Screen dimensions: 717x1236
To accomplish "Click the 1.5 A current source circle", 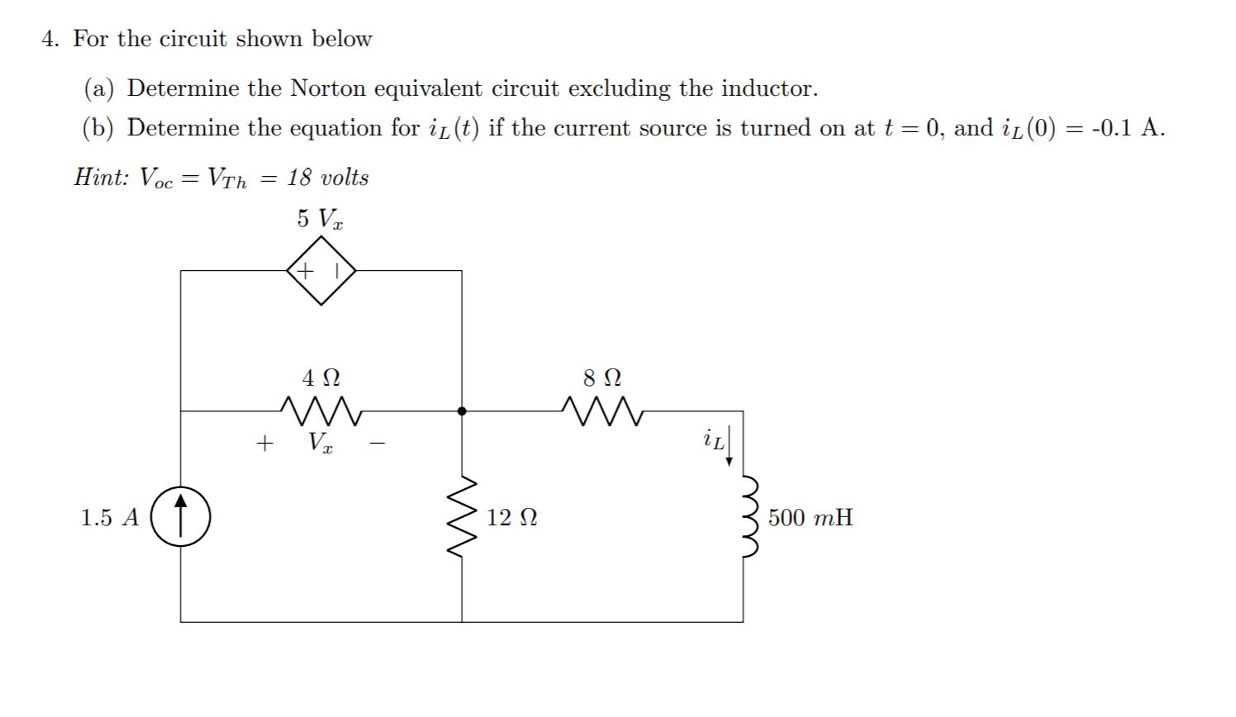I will [181, 517].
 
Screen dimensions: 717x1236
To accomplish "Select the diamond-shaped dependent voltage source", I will [321, 270].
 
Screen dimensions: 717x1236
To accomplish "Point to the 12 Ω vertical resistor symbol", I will [462, 517].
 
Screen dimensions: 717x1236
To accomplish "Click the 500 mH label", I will [810, 518].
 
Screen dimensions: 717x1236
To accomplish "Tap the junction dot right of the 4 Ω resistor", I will [462, 411].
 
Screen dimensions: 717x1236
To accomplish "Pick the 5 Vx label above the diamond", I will [321, 219].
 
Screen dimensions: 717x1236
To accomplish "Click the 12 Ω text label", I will [511, 518].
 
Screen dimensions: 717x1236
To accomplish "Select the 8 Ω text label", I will [601, 378].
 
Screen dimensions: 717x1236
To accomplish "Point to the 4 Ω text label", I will [321, 378].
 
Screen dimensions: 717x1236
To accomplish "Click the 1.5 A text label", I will [110, 518].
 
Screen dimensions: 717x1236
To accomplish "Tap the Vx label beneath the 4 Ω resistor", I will [321, 443].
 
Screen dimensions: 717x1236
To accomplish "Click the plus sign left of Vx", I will [264, 444].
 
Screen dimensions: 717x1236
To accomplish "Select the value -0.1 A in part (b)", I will [1128, 128].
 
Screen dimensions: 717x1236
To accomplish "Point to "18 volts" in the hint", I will [328, 178].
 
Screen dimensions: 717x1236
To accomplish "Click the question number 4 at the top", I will [49, 39].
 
